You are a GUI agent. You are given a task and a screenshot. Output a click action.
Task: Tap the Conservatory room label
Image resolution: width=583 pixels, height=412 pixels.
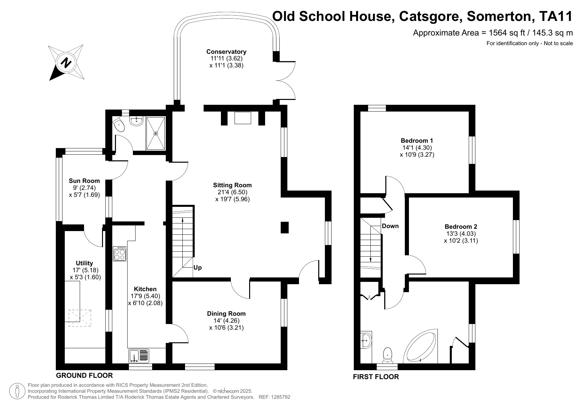pyautogui.click(x=226, y=52)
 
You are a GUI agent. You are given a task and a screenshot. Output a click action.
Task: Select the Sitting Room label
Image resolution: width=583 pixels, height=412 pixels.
pyautogui.click(x=232, y=185)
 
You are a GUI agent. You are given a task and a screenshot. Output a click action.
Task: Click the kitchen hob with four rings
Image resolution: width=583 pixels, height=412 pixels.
pyautogui.click(x=120, y=254)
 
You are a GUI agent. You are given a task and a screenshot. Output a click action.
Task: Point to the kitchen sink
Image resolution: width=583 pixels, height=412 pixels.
pyautogui.click(x=139, y=356)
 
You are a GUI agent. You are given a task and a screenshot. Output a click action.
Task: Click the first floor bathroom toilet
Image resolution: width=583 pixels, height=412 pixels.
pyautogui.click(x=387, y=355)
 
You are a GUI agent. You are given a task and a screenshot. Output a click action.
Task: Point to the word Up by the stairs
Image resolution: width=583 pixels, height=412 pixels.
pyautogui.click(x=197, y=268)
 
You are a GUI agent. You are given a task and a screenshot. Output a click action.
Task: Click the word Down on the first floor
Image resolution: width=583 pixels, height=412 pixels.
pyautogui.click(x=390, y=226)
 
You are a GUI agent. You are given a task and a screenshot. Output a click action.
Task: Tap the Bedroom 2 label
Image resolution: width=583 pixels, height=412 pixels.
pyautogui.click(x=461, y=227)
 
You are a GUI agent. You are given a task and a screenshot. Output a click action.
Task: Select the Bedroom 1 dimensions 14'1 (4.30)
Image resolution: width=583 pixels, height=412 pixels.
pyautogui.click(x=417, y=148)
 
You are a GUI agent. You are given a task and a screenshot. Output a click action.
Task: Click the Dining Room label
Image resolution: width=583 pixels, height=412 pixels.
pyautogui.click(x=226, y=314)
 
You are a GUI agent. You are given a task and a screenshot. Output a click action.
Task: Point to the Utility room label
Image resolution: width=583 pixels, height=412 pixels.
pyautogui.click(x=84, y=263)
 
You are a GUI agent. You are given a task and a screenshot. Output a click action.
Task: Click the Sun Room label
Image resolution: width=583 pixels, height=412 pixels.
pyautogui.click(x=84, y=181)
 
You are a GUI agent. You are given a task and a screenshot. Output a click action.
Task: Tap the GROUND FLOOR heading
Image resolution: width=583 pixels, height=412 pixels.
pyautogui.click(x=84, y=375)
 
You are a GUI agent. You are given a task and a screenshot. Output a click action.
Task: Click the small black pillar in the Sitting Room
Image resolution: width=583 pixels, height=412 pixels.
pyautogui.click(x=285, y=227)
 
